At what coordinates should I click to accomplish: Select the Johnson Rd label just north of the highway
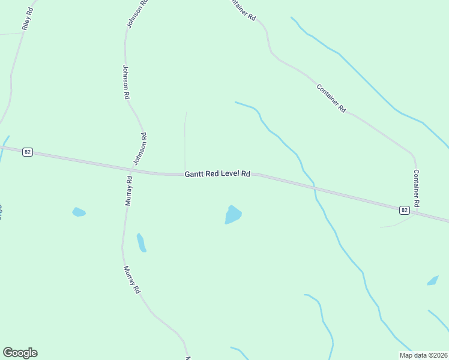tap(139, 149)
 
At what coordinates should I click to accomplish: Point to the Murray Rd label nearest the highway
tap(128, 191)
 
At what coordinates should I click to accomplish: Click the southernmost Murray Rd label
tap(131, 280)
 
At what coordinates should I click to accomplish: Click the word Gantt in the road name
tap(195, 173)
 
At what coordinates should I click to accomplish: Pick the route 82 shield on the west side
tap(27, 152)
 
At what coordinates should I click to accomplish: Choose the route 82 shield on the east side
tap(405, 209)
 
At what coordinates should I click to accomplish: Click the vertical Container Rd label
tap(416, 188)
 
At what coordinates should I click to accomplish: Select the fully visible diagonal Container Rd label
tap(331, 98)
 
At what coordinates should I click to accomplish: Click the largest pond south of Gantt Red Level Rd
tap(233, 214)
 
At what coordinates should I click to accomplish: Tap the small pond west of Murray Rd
tap(79, 212)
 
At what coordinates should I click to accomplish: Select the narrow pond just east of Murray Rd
tap(141, 242)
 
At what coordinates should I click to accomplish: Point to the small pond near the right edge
tap(432, 280)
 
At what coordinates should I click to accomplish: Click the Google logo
tap(20, 353)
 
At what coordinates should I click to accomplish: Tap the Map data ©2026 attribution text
tap(424, 355)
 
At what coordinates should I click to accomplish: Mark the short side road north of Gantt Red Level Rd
tap(185, 141)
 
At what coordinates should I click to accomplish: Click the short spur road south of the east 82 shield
tap(396, 224)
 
